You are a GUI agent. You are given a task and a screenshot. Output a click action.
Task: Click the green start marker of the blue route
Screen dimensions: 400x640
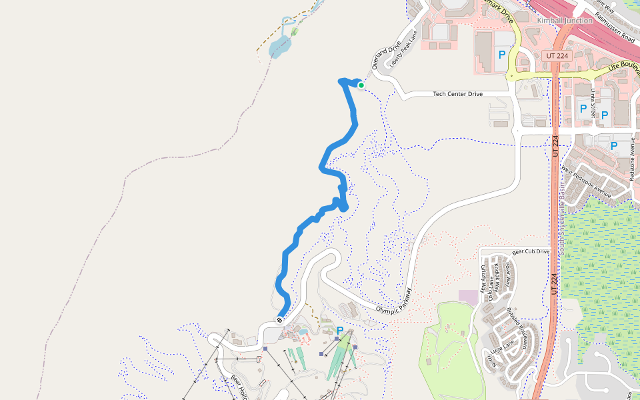tap(361, 85)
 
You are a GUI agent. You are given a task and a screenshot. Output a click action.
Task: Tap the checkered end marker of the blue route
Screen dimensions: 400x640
tap(279, 319)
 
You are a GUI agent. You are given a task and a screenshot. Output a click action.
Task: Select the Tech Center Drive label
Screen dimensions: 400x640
tap(457, 94)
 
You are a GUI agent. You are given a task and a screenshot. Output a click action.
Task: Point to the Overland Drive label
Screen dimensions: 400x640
tap(387, 56)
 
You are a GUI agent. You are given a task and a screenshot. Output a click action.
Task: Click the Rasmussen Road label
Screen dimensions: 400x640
tap(614, 26)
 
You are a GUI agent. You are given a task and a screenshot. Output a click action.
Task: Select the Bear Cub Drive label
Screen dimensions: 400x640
tap(531, 252)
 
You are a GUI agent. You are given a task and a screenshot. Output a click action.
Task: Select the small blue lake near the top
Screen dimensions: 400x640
tap(280, 47)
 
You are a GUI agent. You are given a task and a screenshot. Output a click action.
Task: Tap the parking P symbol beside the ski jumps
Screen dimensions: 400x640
tap(340, 330)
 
